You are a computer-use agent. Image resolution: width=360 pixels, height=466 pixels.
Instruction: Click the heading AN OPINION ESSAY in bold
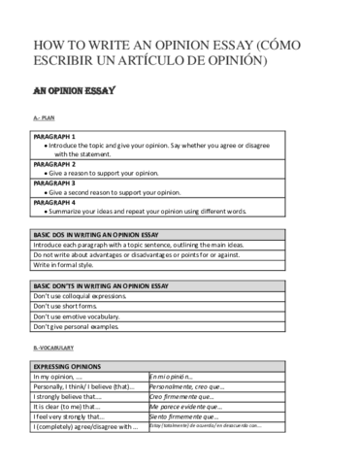pyautogui.click(x=75, y=92)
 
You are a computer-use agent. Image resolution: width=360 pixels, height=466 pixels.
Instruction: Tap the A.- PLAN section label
pyautogui.click(x=44, y=117)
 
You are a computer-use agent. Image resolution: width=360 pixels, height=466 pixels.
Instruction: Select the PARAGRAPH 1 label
pyautogui.click(x=55, y=136)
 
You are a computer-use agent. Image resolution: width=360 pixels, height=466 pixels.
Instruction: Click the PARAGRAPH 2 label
pyautogui.click(x=55, y=164)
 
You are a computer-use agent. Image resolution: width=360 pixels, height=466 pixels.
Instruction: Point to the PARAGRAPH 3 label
pyautogui.click(x=55, y=183)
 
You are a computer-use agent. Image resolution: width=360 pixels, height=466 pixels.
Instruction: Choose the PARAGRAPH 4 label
pyautogui.click(x=55, y=201)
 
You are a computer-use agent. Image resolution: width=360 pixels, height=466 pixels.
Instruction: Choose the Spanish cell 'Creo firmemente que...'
pyautogui.click(x=183, y=396)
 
